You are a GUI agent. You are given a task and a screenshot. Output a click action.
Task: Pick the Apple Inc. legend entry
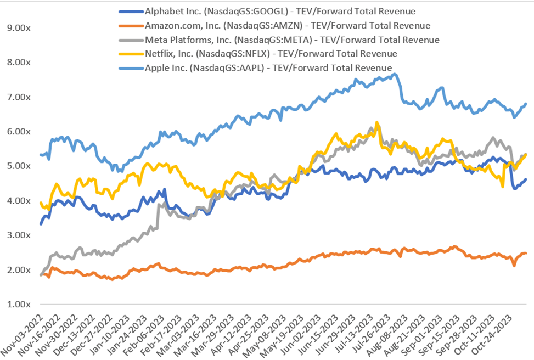pyautogui.click(x=260, y=68)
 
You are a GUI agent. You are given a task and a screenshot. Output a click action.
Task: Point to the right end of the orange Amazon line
pyautogui.click(x=526, y=253)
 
